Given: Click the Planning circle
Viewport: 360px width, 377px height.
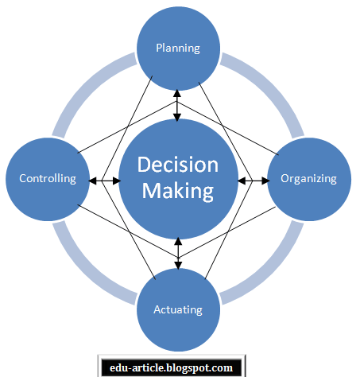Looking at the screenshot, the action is [x=178, y=49].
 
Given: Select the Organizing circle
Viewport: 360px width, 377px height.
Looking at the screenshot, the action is [x=309, y=179].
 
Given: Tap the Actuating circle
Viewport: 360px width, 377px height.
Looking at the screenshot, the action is [x=178, y=309].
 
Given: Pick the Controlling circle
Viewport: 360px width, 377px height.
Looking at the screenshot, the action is [x=48, y=179].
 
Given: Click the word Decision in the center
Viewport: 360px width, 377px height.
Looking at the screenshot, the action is [x=178, y=165].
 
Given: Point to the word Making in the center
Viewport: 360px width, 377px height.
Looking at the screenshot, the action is [x=178, y=191].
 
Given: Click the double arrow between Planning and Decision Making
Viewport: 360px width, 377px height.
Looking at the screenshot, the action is [x=177, y=106].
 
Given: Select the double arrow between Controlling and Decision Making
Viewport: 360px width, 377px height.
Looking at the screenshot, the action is [x=104, y=181].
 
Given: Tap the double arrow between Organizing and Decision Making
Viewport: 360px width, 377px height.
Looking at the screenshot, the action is [x=254, y=181].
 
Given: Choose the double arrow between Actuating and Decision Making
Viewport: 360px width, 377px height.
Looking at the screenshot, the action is [x=178, y=254].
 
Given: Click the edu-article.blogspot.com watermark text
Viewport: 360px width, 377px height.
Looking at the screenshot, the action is [x=171, y=367].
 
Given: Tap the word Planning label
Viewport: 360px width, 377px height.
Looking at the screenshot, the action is [x=178, y=49].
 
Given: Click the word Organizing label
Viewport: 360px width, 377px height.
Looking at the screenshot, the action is [x=308, y=179].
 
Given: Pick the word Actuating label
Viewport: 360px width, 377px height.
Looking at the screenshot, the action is [x=178, y=309].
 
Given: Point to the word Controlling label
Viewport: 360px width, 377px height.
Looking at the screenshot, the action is [x=48, y=178].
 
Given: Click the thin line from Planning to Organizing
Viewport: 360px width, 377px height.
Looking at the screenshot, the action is [x=228, y=128].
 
